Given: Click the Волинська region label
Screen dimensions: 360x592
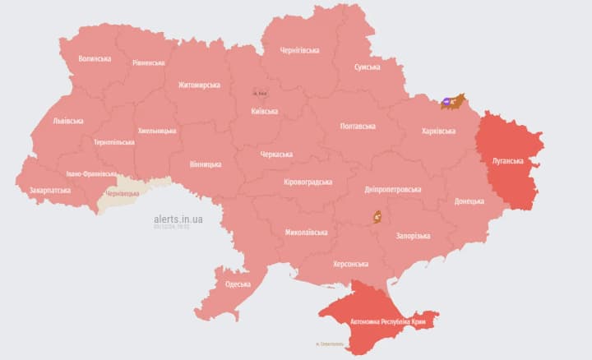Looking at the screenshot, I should click(x=95, y=59).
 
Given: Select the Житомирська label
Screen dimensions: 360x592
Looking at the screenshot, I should click(x=199, y=85).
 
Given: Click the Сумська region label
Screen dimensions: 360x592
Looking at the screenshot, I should click(x=367, y=67).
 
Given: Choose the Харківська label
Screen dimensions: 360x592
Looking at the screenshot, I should click(x=438, y=131).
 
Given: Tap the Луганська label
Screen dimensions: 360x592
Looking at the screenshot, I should click(x=506, y=160).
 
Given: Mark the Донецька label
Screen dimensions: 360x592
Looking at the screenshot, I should click(x=469, y=201).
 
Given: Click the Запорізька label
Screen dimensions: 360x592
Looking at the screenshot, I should click(x=413, y=236).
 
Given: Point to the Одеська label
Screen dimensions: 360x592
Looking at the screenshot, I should click(x=238, y=284).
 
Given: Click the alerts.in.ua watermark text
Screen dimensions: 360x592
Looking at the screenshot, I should click(x=178, y=219).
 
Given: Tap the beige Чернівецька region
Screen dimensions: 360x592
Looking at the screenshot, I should click(x=123, y=194).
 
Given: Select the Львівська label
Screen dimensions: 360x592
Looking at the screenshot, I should click(x=68, y=121).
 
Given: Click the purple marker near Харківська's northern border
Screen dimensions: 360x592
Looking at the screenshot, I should click(x=446, y=102).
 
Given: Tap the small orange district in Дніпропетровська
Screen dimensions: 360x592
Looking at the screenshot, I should click(x=377, y=217).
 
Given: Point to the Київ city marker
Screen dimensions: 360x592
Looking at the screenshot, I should click(x=260, y=93).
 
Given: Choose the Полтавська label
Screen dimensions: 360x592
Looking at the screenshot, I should click(x=358, y=126).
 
